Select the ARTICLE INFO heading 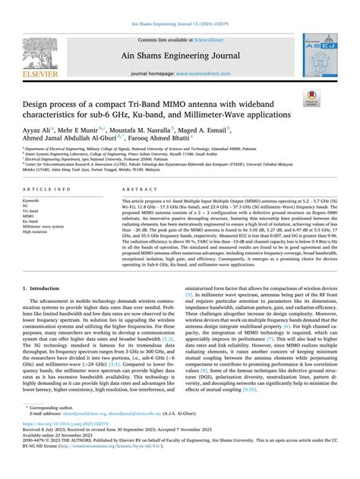[49, 188]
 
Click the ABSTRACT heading [136, 188]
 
